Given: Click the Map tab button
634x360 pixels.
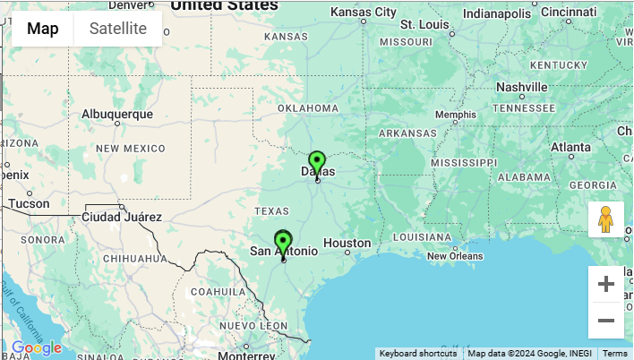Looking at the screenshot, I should (x=43, y=28).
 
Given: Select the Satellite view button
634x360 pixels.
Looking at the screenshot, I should (x=118, y=28).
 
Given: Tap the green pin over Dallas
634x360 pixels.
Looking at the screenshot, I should (x=316, y=164).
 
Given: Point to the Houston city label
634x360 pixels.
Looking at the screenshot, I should (x=347, y=243).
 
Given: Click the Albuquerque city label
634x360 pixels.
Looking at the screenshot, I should (x=116, y=115).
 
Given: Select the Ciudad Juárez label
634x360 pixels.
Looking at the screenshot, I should (x=121, y=217).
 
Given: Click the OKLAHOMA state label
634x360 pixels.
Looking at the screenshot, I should (x=308, y=108).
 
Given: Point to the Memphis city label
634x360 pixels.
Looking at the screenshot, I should (x=456, y=115).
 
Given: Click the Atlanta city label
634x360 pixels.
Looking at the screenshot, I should (x=570, y=147).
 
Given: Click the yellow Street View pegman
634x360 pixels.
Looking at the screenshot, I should (x=605, y=219).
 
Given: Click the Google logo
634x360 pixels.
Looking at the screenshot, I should (x=37, y=347).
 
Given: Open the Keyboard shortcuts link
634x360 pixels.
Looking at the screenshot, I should (x=418, y=354).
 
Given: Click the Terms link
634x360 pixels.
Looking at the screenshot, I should (x=614, y=354).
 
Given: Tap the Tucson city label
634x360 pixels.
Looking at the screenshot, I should (x=30, y=203).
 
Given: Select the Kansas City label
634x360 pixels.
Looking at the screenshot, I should (x=363, y=13).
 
